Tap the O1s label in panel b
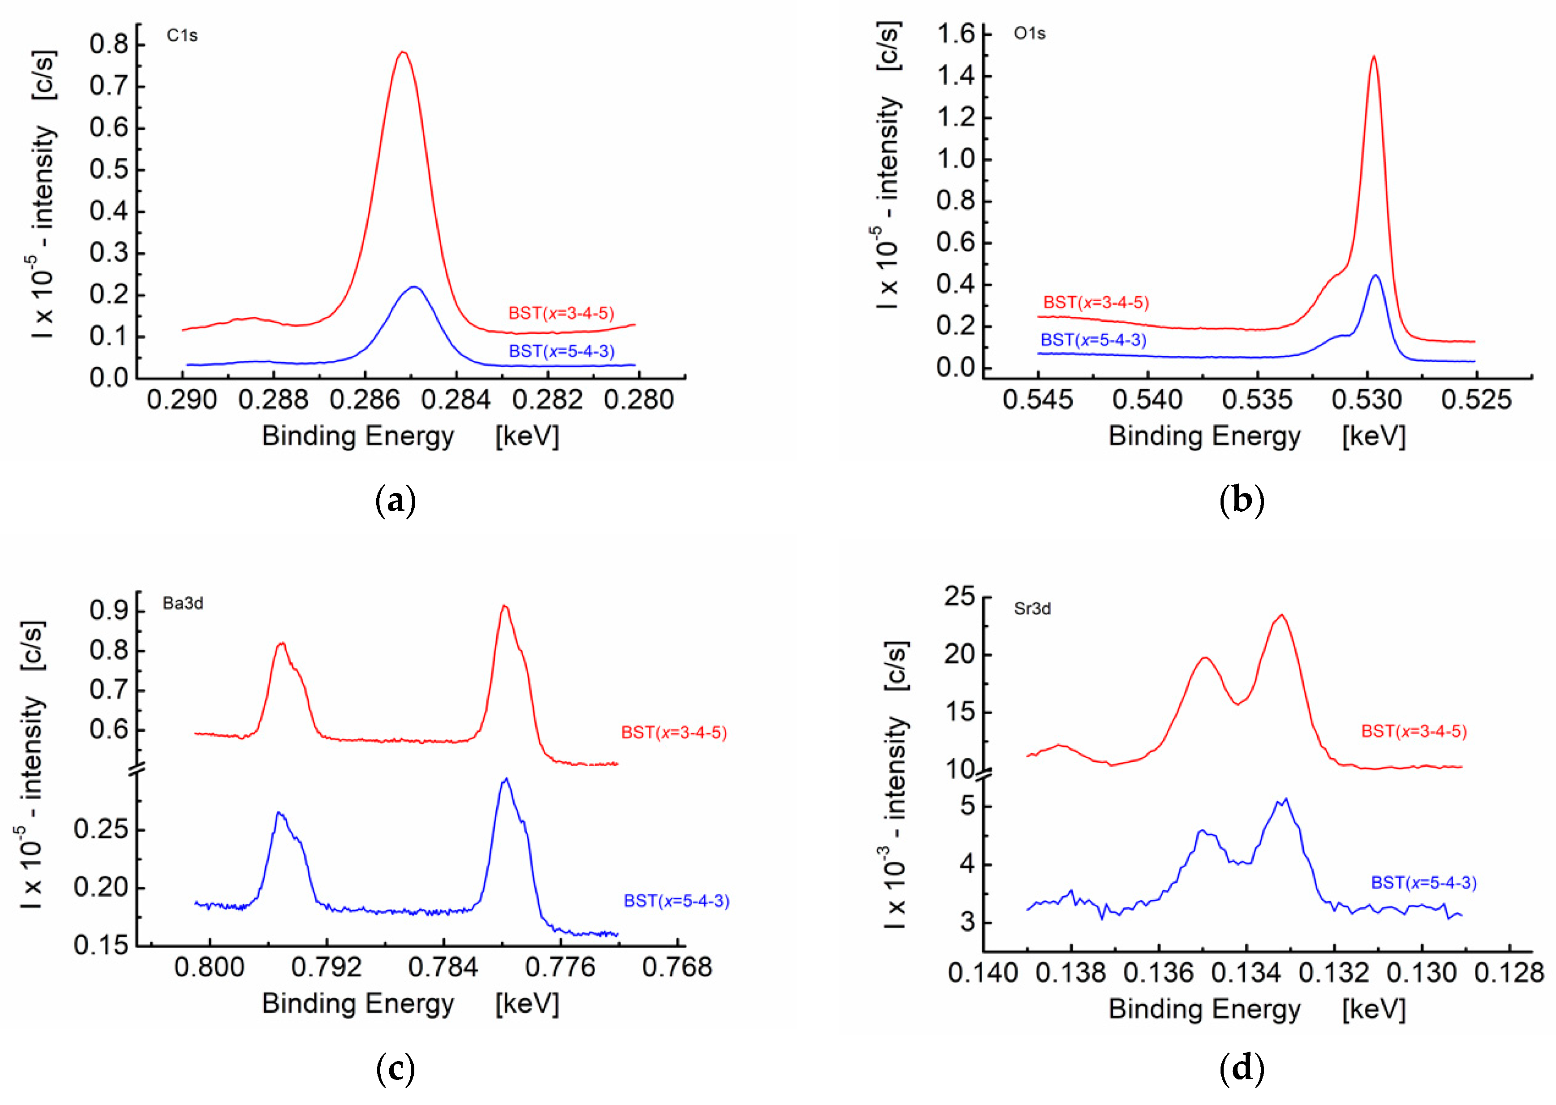(1029, 33)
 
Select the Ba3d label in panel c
(182, 604)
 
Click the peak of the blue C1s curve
(413, 287)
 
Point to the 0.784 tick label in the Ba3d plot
(443, 967)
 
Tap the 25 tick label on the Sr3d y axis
(959, 597)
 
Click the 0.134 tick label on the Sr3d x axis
(1246, 973)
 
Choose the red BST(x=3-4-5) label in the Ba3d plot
(674, 733)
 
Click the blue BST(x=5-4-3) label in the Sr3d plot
(1423, 883)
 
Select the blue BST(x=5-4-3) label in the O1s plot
(1094, 340)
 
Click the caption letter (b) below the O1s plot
(1242, 501)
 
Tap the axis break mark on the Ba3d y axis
(138, 769)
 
